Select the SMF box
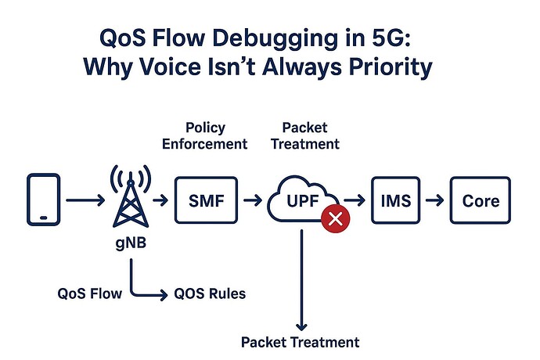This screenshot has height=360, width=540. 207,201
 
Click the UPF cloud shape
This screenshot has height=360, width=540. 301,201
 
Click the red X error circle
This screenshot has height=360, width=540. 337,220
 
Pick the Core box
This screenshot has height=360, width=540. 480,201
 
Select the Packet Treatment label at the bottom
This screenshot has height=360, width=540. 300,342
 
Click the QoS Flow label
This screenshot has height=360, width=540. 89,294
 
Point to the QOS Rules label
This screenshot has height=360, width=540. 209,294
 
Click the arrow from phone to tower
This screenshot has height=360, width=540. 85,201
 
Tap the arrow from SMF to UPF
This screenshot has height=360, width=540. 252,201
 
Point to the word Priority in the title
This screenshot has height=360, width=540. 386,67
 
